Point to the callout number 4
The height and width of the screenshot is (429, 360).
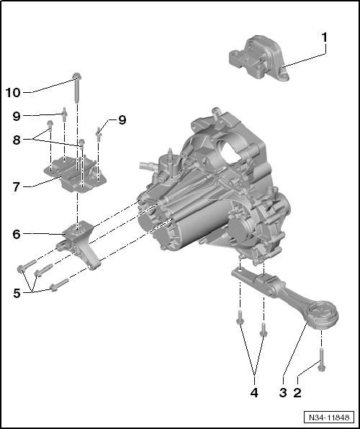click(x=253, y=393)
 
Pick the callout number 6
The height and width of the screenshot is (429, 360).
click(x=16, y=234)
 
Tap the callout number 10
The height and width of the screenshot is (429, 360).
click(x=13, y=92)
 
